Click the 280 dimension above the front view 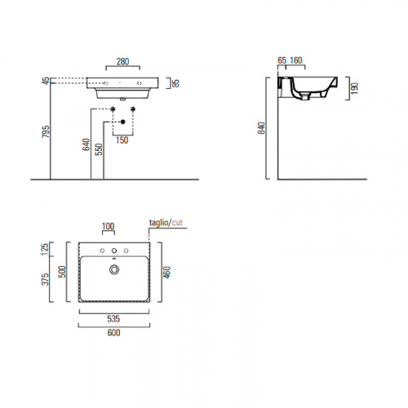(x=122, y=62)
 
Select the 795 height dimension (x=47, y=131)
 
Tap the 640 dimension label (x=86, y=144)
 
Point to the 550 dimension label (x=99, y=149)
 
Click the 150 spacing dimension (x=122, y=140)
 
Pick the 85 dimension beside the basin (x=176, y=83)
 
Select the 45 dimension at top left (x=47, y=81)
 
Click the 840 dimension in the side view (x=261, y=128)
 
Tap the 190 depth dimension (x=354, y=88)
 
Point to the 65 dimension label (x=282, y=60)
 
